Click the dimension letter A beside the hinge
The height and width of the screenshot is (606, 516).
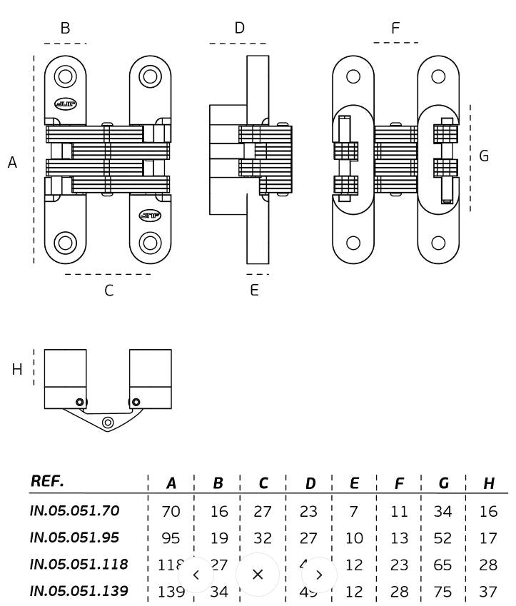[12, 163]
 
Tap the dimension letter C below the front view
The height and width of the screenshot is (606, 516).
[108, 291]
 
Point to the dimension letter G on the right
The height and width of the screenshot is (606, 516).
[484, 156]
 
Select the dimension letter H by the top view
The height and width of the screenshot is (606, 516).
[17, 369]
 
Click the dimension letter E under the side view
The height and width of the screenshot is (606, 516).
[254, 291]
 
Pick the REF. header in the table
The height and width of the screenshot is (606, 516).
[47, 481]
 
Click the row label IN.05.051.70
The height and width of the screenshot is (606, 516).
[74, 510]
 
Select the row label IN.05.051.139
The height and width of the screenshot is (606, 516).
[79, 591]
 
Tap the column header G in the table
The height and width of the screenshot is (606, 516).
[443, 483]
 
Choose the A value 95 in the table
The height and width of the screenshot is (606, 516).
[171, 537]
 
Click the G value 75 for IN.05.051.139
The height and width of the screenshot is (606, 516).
[443, 591]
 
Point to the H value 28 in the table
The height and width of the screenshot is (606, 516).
[488, 565]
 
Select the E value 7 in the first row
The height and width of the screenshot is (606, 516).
[354, 511]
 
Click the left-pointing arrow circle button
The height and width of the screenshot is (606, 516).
[196, 574]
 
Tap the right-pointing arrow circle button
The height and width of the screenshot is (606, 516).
[319, 574]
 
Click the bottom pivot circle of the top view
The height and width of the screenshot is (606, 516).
[108, 423]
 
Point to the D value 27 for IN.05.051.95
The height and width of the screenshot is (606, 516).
[310, 537]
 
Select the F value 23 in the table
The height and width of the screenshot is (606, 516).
[399, 565]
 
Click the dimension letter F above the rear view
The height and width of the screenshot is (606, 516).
[395, 29]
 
